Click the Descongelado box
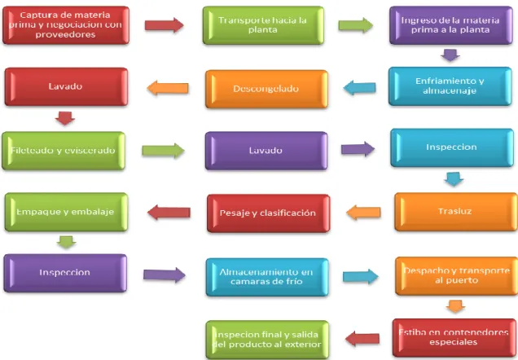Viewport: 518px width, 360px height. (266, 89)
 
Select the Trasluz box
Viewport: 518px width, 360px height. (456, 212)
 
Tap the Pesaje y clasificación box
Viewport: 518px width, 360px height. (268, 213)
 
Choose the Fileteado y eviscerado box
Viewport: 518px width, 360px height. (64, 151)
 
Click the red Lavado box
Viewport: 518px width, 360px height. (66, 87)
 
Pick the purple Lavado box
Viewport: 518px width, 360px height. (266, 151)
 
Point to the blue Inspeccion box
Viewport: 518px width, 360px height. (451, 147)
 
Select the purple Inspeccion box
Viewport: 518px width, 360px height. (65, 273)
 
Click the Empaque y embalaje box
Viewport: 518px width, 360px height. (66, 212)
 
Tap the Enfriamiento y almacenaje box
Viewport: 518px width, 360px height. (450, 86)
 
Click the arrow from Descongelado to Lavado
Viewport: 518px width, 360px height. (168, 89)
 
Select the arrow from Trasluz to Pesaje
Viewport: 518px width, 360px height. (363, 213)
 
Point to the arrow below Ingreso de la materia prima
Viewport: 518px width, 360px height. (450, 55)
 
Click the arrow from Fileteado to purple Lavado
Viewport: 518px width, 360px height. (163, 151)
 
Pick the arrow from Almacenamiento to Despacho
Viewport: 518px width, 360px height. (361, 276)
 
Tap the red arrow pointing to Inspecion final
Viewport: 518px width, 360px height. (362, 339)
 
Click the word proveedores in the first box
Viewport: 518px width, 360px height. (65, 34)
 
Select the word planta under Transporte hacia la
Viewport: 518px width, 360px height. (262, 29)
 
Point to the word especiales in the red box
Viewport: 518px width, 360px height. (453, 342)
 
